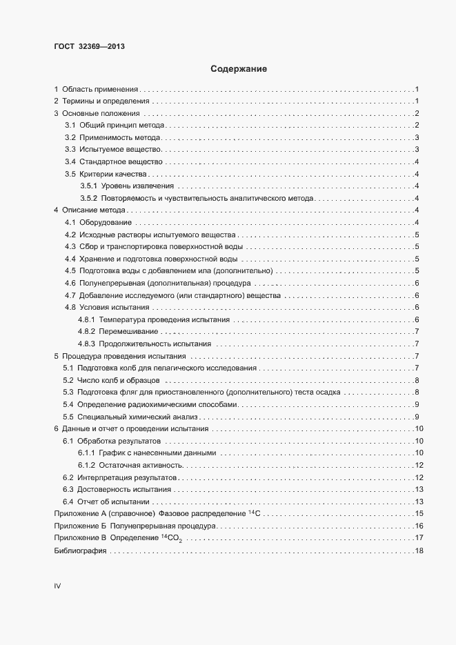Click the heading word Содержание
tap(239, 69)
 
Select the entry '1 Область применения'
tap(97, 90)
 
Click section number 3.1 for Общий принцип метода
tap(70, 126)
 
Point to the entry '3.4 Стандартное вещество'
tap(114, 161)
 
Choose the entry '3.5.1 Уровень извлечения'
tap(127, 186)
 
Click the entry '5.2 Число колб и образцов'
tap(111, 380)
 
